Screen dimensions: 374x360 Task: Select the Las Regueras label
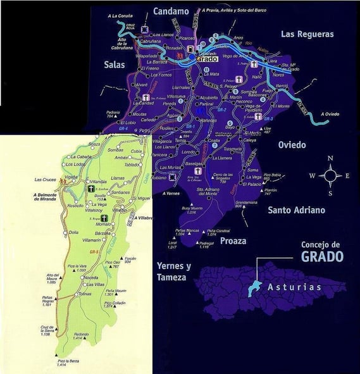click(307, 34)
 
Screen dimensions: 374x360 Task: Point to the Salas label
click(117, 63)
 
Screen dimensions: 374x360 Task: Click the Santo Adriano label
click(296, 209)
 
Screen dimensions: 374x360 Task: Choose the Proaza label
click(233, 241)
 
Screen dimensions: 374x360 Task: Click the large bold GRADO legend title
click(314, 256)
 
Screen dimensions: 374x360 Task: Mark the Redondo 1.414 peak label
click(81, 336)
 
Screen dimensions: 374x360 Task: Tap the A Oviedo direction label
click(330, 115)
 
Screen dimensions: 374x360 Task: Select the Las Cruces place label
click(44, 179)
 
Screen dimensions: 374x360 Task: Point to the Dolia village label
click(73, 232)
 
